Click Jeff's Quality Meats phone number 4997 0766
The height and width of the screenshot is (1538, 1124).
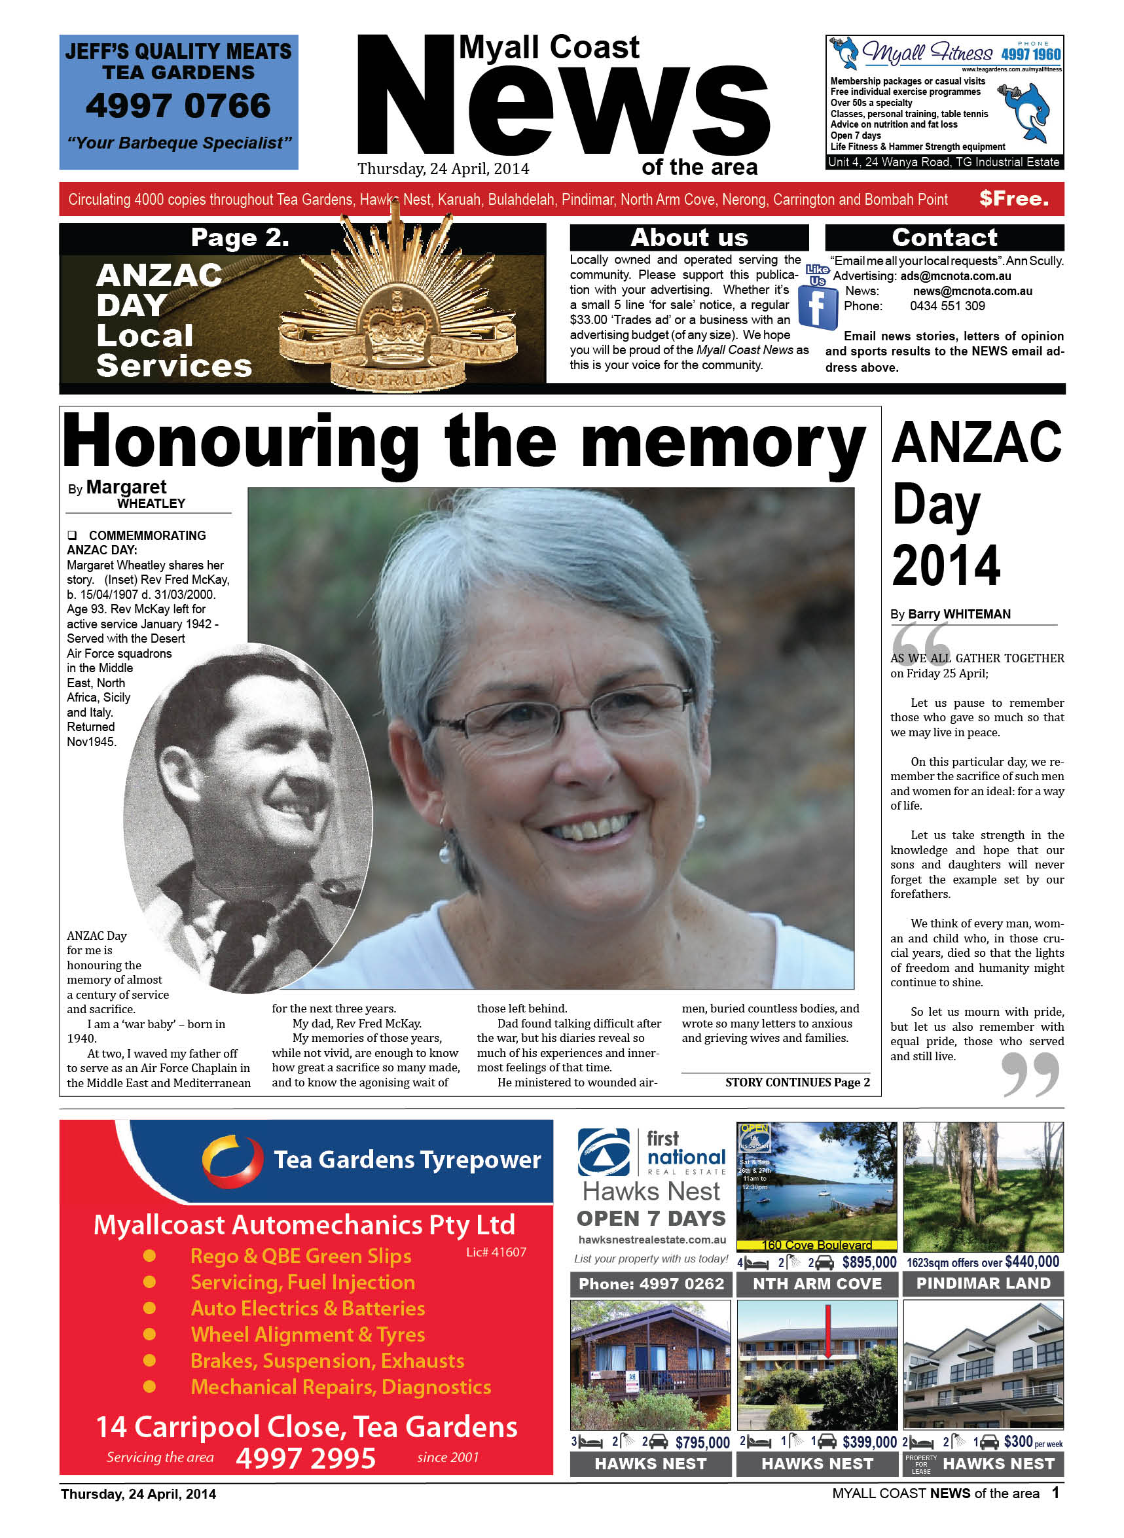click(178, 106)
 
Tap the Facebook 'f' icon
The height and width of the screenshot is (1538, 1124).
click(816, 308)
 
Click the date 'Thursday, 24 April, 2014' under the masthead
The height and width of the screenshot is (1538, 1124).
click(443, 169)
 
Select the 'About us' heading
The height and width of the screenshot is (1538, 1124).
click(689, 238)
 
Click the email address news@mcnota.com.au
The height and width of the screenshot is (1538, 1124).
click(971, 291)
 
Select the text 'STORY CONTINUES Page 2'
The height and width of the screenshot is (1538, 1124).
click(797, 1082)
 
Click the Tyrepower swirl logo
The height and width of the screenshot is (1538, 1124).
click(231, 1160)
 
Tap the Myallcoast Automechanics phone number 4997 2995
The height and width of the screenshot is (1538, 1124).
click(306, 1458)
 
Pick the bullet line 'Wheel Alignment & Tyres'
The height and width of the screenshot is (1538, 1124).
click(308, 1334)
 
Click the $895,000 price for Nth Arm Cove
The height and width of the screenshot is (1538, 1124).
click(869, 1262)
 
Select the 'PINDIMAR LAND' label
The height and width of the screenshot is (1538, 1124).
click(983, 1283)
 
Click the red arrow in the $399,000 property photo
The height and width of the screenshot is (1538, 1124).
click(828, 1331)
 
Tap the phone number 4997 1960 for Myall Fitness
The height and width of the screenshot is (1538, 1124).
click(1030, 54)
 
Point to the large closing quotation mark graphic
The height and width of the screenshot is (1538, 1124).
click(1030, 1073)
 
